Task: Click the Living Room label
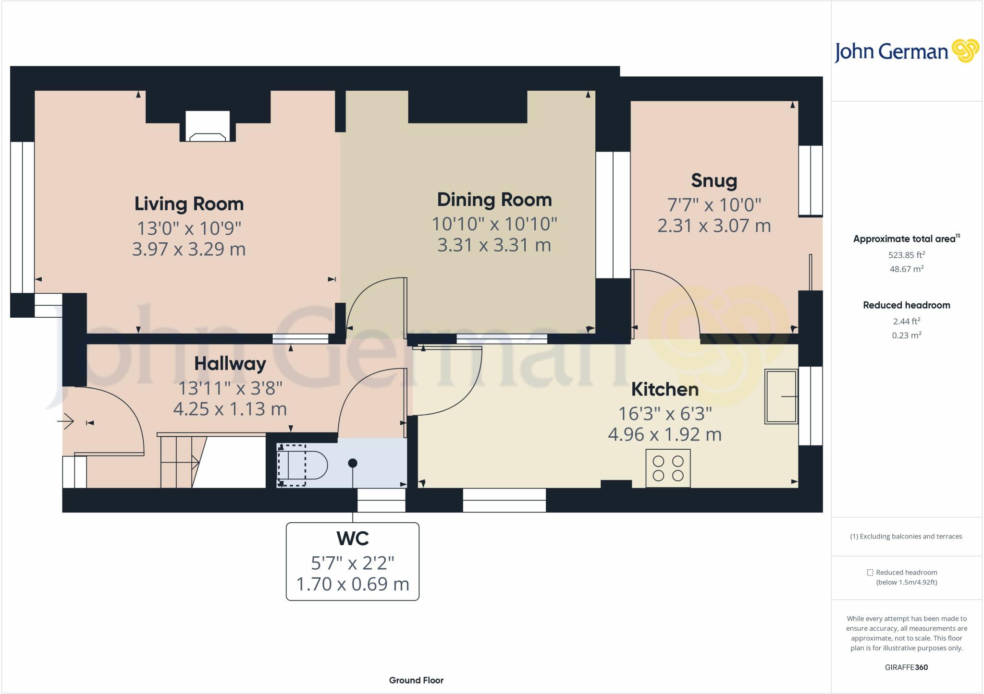tap(189, 204)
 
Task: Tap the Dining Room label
tap(494, 200)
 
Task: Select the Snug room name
tap(714, 180)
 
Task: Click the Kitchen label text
tap(664, 389)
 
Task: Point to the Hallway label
tap(230, 364)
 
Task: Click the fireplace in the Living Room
tap(208, 127)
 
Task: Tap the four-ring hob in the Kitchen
tap(668, 468)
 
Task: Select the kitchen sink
tap(781, 396)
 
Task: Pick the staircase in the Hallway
tap(180, 462)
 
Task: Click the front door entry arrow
tap(65, 422)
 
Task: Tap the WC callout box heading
tap(353, 538)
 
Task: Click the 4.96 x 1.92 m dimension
tap(664, 435)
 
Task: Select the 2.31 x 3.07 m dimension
tap(714, 226)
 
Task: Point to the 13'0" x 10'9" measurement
tap(189, 228)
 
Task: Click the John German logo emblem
tap(965, 51)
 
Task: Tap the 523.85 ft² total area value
tap(906, 255)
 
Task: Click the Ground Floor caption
tap(416, 680)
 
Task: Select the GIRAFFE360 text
tap(906, 667)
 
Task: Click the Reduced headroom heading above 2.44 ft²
tap(906, 305)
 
